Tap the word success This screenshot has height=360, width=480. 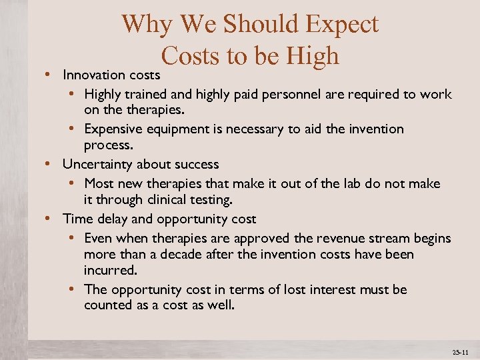tap(196, 164)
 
